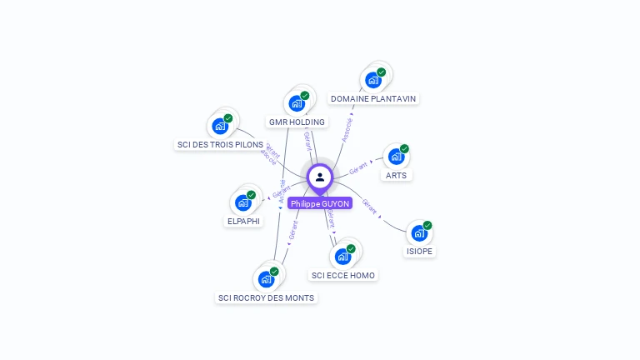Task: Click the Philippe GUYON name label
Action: [x=320, y=203]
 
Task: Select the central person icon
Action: [x=320, y=177]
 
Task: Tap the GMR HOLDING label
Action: [x=297, y=122]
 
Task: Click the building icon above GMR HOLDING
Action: [x=296, y=104]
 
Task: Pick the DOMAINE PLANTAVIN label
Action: [x=373, y=98]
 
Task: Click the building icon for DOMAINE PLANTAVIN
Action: [x=372, y=81]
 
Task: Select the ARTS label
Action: [x=397, y=175]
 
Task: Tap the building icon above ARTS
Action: [x=396, y=157]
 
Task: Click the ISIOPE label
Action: [x=420, y=251]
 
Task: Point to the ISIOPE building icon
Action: [x=419, y=233]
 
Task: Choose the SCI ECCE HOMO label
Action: [x=343, y=275]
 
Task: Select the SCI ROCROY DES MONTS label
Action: [x=267, y=297]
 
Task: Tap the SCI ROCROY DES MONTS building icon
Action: [x=266, y=279]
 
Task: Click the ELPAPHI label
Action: [x=244, y=221]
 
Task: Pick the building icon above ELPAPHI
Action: [x=242, y=202]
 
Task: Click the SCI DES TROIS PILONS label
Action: [x=220, y=144]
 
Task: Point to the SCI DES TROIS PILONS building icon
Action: [x=219, y=127]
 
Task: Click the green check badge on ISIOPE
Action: [x=427, y=225]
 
